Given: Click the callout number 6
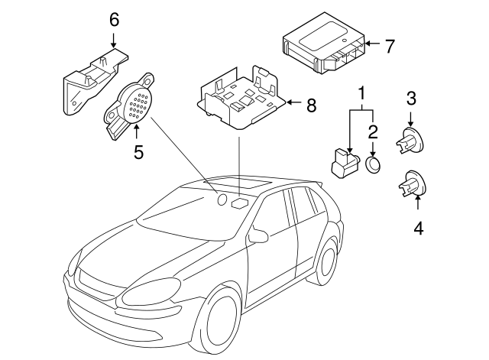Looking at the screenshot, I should [114, 19].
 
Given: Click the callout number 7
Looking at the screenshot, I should [390, 47].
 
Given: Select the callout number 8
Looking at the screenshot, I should [311, 106].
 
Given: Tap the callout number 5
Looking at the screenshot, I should [138, 152].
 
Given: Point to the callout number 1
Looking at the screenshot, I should [362, 95].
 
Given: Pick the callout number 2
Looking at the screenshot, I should [373, 130].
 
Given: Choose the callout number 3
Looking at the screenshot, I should [410, 98].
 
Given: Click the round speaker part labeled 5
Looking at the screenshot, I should [135, 105].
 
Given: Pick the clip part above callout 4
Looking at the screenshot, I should [412, 185].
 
